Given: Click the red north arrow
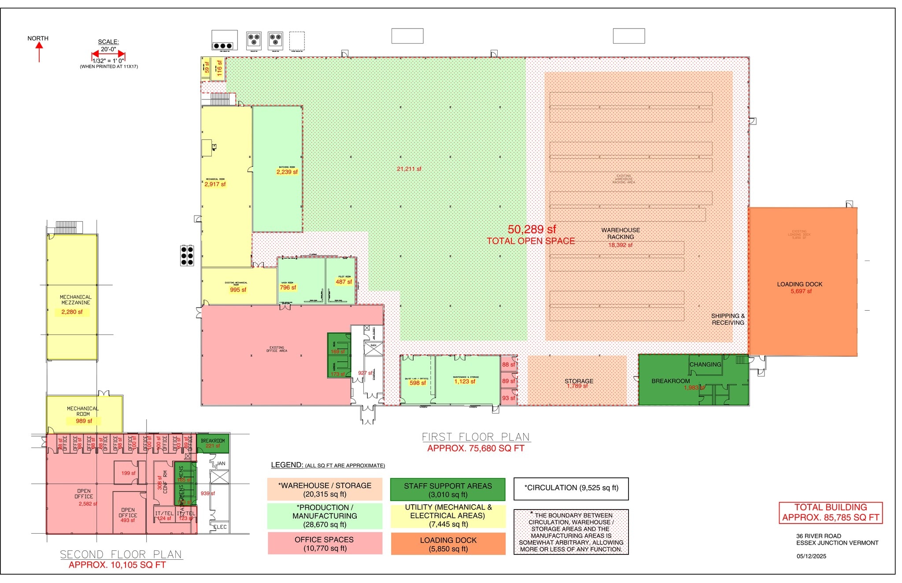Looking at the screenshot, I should click(39, 52).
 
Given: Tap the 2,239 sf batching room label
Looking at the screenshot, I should click(287, 172).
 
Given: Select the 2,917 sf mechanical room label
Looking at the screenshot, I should click(215, 184).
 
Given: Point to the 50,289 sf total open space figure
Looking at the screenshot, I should click(532, 229).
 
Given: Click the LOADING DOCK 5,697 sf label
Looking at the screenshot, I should click(800, 288).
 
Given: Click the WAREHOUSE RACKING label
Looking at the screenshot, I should click(621, 234).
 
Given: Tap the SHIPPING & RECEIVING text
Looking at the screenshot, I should click(728, 319).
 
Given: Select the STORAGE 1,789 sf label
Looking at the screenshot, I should click(578, 383).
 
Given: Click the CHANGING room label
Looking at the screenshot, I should click(705, 364).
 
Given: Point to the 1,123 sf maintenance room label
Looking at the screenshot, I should click(465, 381).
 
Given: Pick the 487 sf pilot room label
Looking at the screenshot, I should click(344, 282).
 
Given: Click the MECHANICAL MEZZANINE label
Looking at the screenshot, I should click(75, 300).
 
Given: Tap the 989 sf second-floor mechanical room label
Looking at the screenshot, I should click(84, 421).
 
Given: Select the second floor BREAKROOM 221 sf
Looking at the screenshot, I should click(213, 443).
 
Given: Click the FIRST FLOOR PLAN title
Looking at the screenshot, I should click(476, 437).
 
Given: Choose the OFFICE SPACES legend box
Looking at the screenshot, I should click(325, 543).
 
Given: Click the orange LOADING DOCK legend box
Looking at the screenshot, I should click(448, 544).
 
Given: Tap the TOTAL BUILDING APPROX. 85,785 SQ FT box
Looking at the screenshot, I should click(830, 513).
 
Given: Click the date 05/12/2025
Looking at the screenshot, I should click(811, 556).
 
